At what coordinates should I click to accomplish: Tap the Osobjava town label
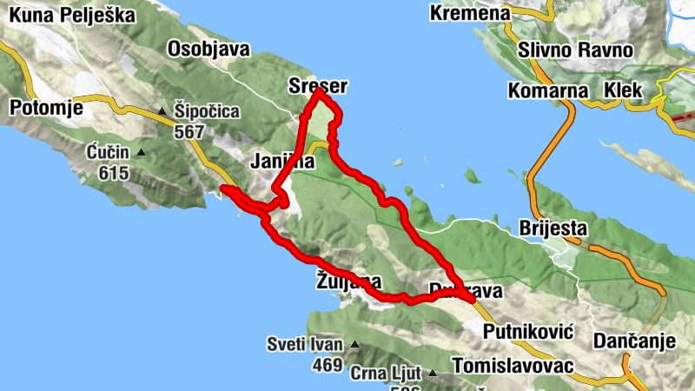pyautogui.click(x=208, y=48)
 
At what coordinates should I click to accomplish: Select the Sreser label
pyautogui.click(x=317, y=85)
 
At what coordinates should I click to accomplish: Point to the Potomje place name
pyautogui.click(x=45, y=108)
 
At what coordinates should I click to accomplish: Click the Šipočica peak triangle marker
pyautogui.click(x=162, y=111)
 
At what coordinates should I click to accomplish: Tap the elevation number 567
pyautogui.click(x=188, y=132)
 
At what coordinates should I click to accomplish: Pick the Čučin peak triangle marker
pyautogui.click(x=142, y=153)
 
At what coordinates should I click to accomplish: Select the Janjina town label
pyautogui.click(x=280, y=162)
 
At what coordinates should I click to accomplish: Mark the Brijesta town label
pyautogui.click(x=553, y=229)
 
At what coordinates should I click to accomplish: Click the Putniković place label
pyautogui.click(x=529, y=331)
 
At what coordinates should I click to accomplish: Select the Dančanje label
pyautogui.click(x=634, y=341)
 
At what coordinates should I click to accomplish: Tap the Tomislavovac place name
pyautogui.click(x=513, y=365)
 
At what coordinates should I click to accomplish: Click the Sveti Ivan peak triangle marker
pyautogui.click(x=354, y=345)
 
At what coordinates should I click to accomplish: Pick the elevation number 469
pyautogui.click(x=327, y=366)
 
